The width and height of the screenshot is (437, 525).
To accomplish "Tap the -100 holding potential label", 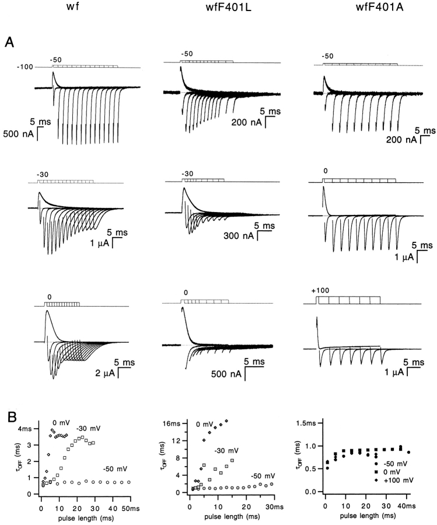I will coord(25,68).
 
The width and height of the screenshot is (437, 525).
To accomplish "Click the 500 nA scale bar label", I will coord(21,134).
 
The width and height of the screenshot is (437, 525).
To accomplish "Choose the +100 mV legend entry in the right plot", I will coord(399,479).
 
